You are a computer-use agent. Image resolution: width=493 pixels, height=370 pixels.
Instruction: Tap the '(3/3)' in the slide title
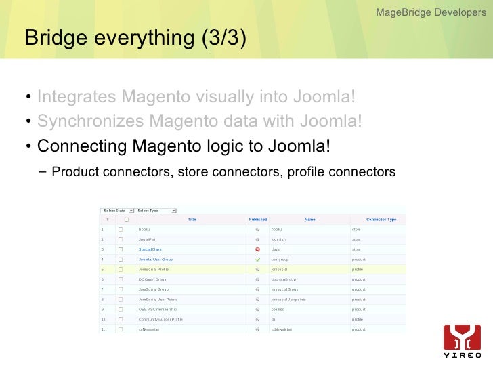tap(223, 39)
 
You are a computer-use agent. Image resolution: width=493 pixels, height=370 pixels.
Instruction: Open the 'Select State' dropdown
tap(117, 211)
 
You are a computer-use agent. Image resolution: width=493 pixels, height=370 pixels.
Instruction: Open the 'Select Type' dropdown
tap(156, 211)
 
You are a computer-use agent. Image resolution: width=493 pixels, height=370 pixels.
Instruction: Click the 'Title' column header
tap(192, 220)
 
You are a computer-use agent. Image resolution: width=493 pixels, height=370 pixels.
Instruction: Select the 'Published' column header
tap(258, 220)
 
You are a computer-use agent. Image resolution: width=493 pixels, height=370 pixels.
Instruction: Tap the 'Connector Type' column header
tap(381, 220)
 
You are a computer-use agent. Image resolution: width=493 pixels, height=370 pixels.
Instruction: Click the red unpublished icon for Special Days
tap(257, 249)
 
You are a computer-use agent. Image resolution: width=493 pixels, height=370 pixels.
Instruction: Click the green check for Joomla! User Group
tap(257, 260)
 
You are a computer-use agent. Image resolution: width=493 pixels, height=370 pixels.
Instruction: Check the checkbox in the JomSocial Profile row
tap(121, 269)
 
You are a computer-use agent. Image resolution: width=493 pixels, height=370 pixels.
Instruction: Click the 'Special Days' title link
tap(150, 249)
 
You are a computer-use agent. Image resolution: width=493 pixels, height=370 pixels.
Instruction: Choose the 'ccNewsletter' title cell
tap(149, 329)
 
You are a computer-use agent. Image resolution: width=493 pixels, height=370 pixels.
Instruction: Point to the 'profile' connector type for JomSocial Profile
tap(357, 269)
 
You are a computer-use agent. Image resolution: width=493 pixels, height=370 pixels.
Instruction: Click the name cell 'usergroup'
tap(280, 260)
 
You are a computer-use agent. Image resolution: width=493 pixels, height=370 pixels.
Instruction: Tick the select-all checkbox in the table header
tap(121, 220)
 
